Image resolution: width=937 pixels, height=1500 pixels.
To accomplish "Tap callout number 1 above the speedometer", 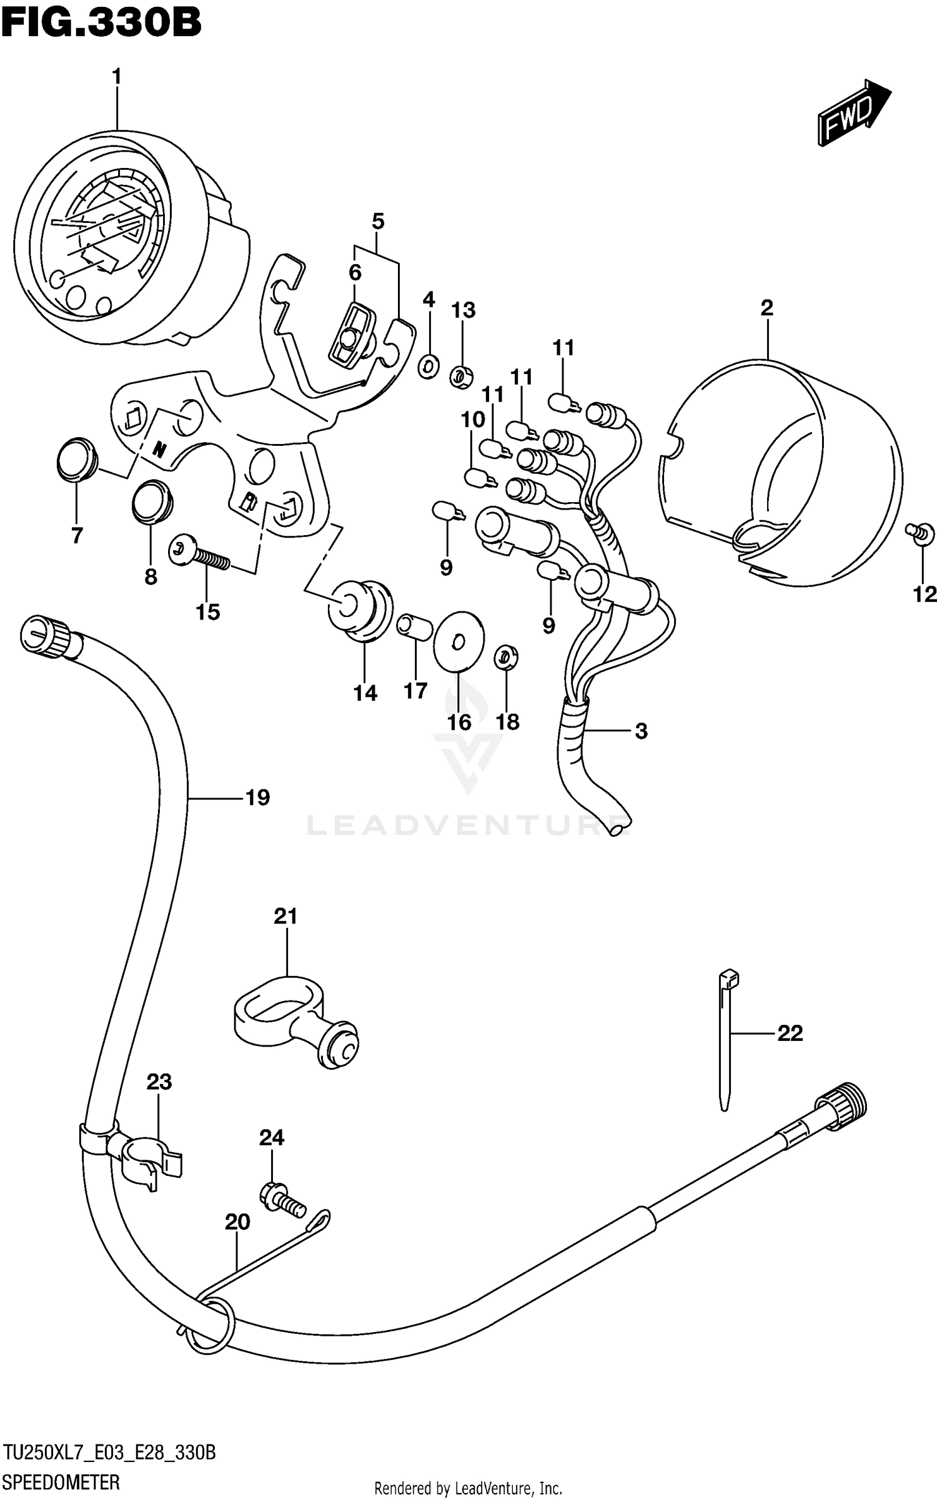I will tap(116, 77).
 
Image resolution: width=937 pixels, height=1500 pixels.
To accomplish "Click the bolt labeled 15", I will tap(199, 555).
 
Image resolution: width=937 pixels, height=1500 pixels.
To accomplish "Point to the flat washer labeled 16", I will tap(458, 640).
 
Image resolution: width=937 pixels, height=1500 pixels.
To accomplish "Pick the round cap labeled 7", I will tap(76, 460).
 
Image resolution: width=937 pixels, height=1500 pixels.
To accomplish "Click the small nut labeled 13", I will tap(461, 377).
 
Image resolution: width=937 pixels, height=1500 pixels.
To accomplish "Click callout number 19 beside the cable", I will tap(257, 797).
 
